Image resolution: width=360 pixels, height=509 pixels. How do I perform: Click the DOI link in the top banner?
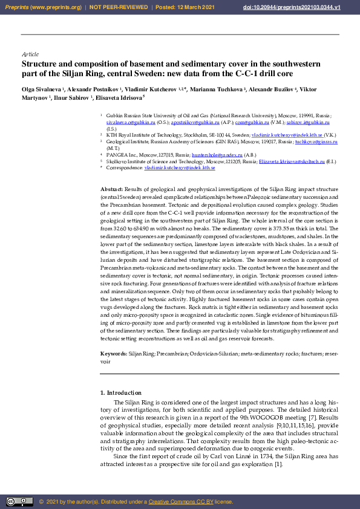coord(308,7)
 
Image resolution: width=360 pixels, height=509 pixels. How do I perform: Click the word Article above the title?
coord(30,54)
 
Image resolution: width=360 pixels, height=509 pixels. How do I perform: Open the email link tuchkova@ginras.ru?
coord(324,141)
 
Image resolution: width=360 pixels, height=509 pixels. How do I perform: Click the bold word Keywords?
coord(113,352)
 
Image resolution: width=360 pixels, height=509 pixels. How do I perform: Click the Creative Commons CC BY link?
coord(181,502)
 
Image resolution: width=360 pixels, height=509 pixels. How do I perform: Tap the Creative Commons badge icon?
coord(19,501)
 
